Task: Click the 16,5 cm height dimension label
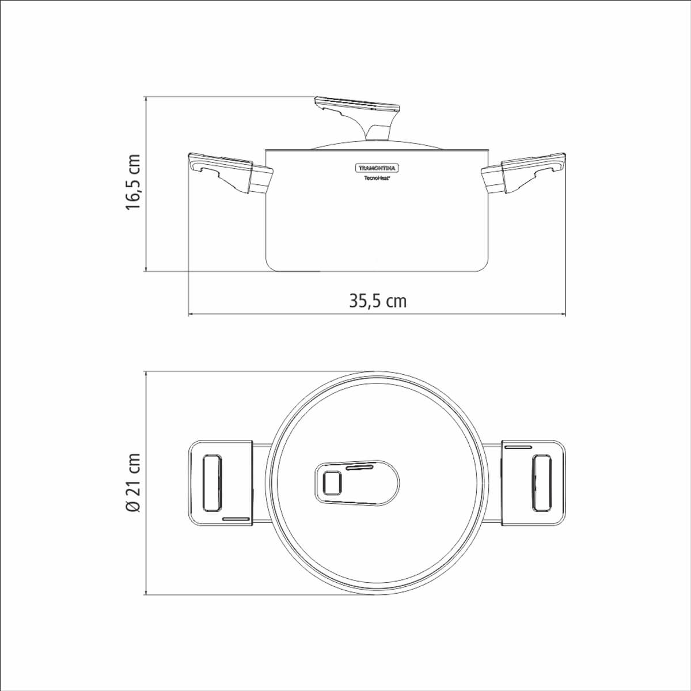click(132, 183)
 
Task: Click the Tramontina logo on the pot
click(377, 168)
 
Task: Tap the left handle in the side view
click(230, 173)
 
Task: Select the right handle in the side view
click(524, 173)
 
